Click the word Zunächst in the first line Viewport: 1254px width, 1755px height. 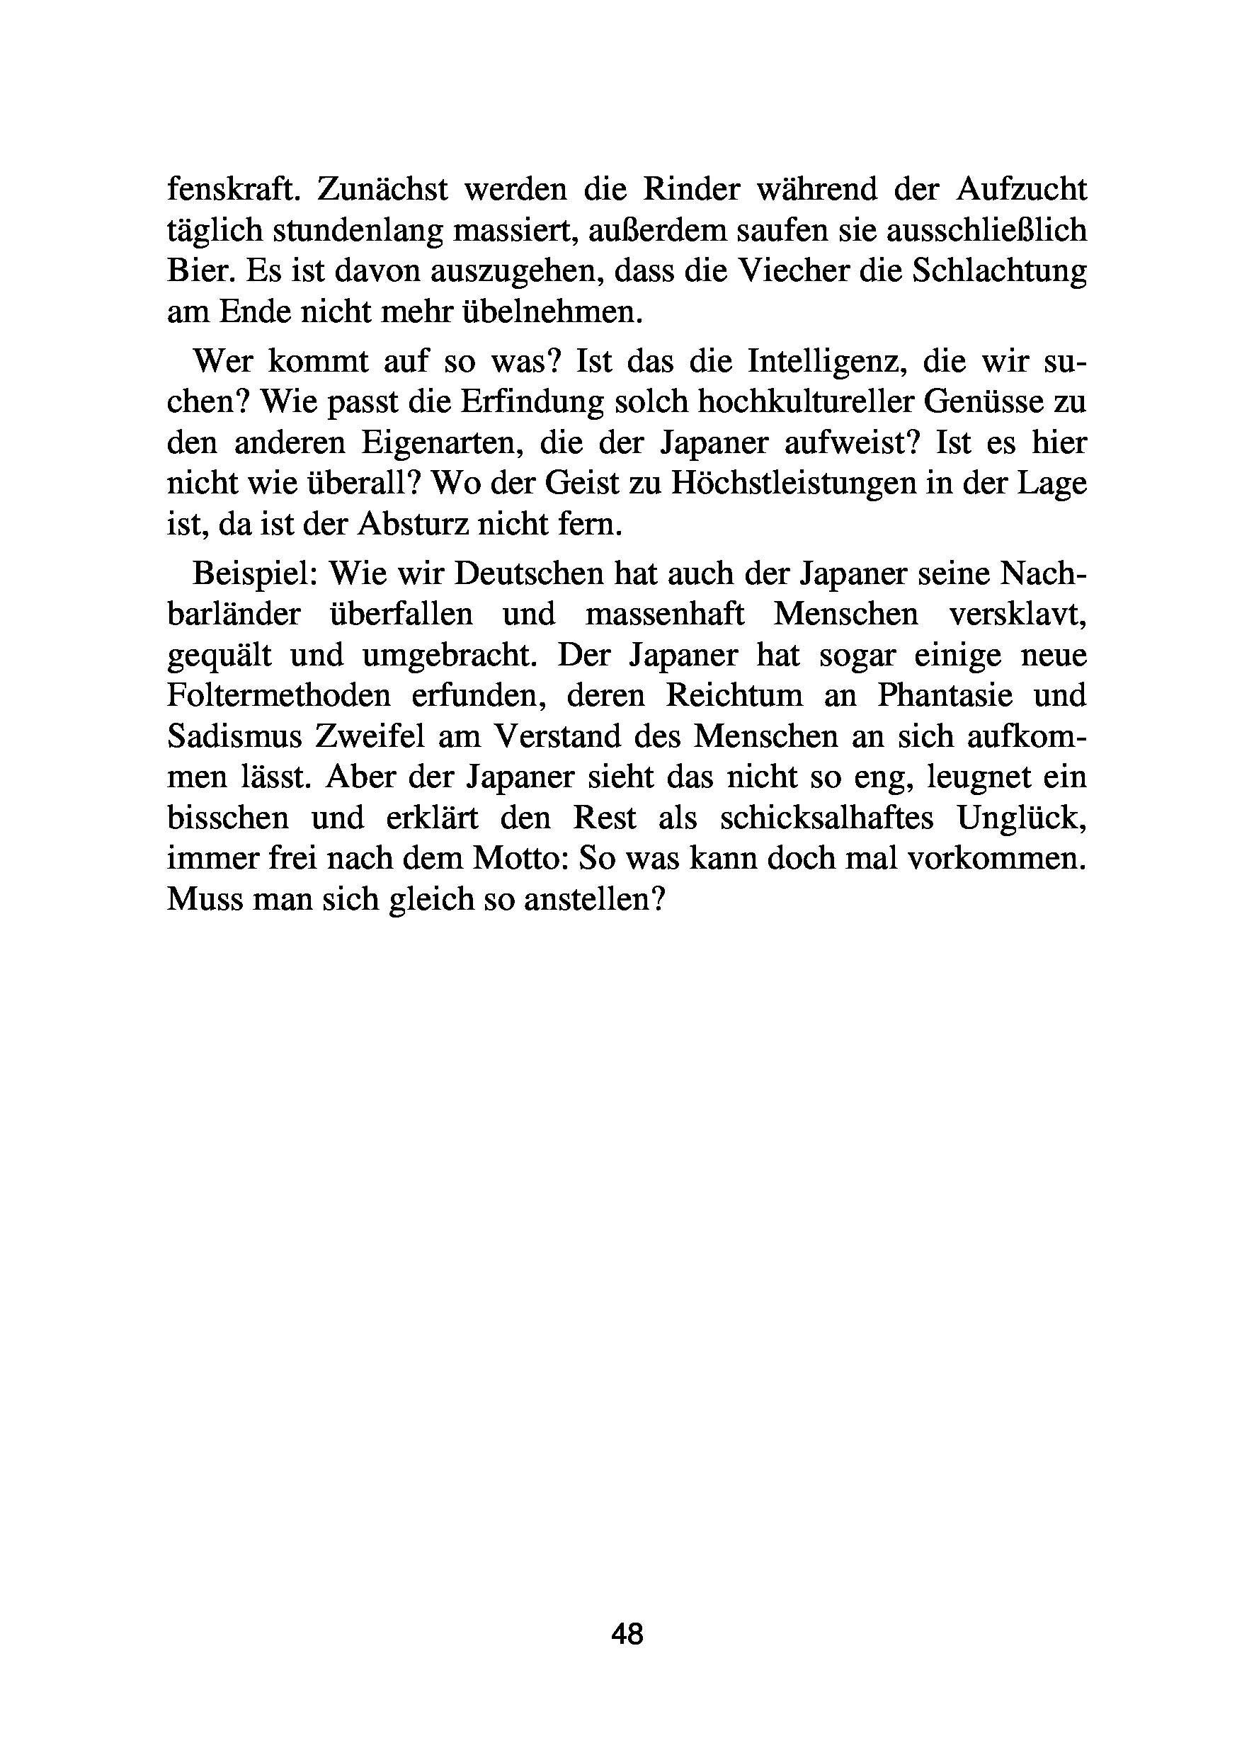point(382,189)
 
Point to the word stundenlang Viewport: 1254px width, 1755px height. point(358,231)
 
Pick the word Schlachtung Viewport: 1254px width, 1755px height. point(999,271)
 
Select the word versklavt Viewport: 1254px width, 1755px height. point(1018,614)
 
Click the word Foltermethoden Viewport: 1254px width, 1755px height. point(279,696)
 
